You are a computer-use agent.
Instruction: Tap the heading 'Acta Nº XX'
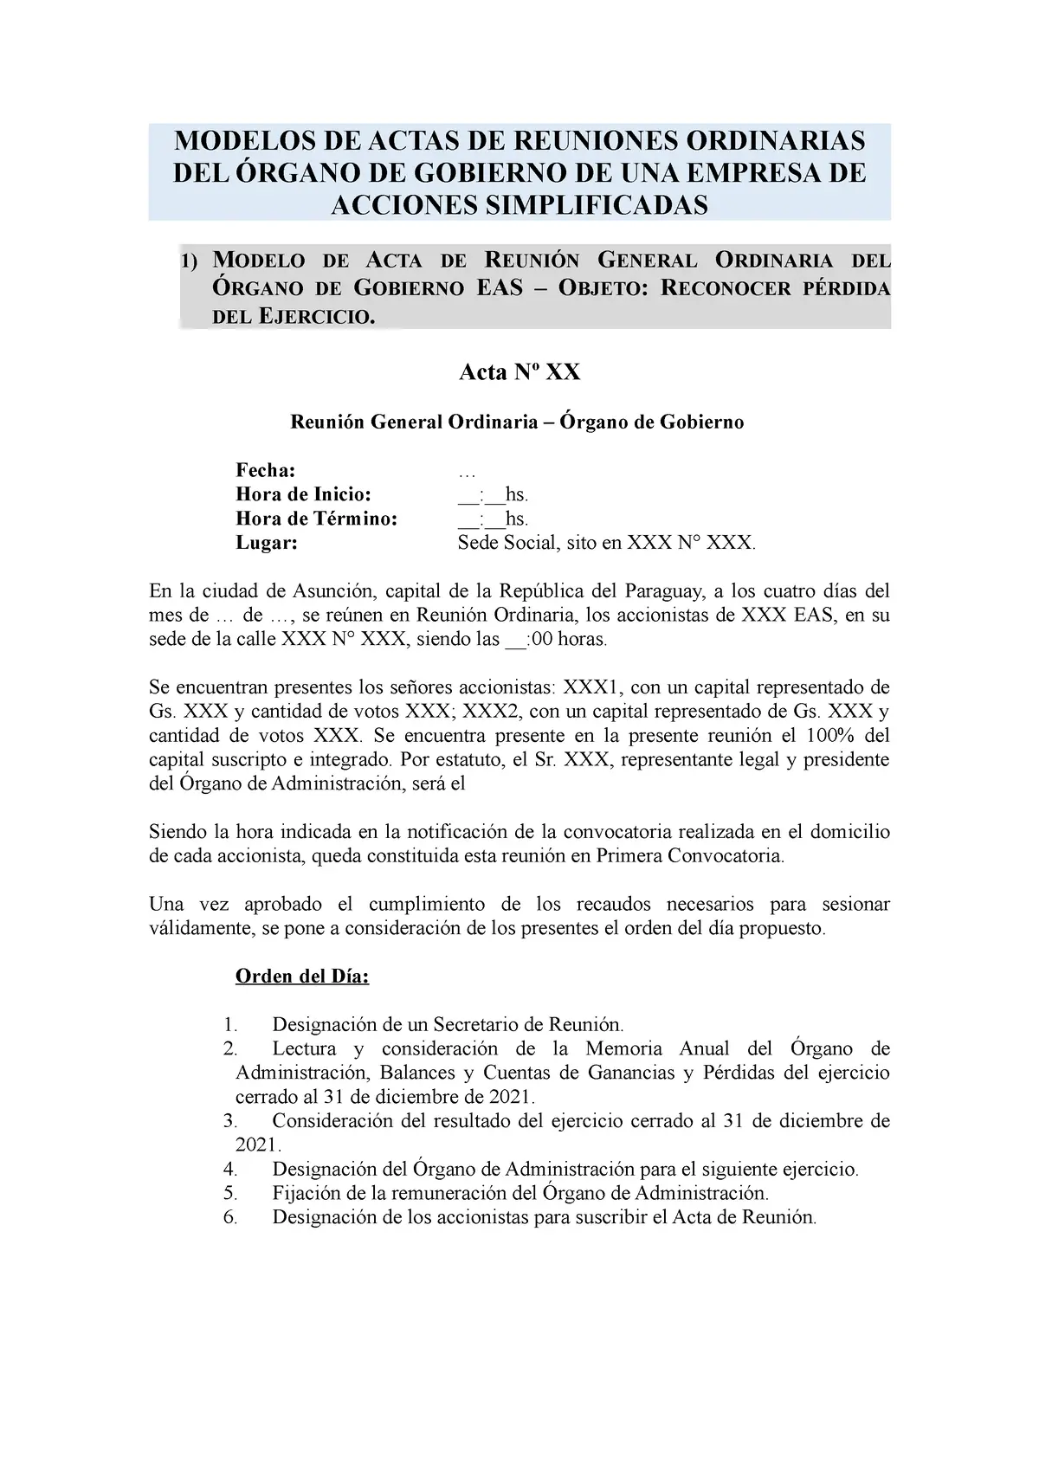pyautogui.click(x=519, y=372)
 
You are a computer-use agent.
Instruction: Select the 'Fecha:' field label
pyautogui.click(x=265, y=470)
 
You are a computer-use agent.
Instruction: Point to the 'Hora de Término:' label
pyautogui.click(x=317, y=519)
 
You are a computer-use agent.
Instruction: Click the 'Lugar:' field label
pyautogui.click(x=266, y=543)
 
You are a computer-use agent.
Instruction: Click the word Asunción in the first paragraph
pyautogui.click(x=331, y=592)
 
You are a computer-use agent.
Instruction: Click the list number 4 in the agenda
pyautogui.click(x=229, y=1170)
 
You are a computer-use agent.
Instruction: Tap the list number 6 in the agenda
pyautogui.click(x=229, y=1216)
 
